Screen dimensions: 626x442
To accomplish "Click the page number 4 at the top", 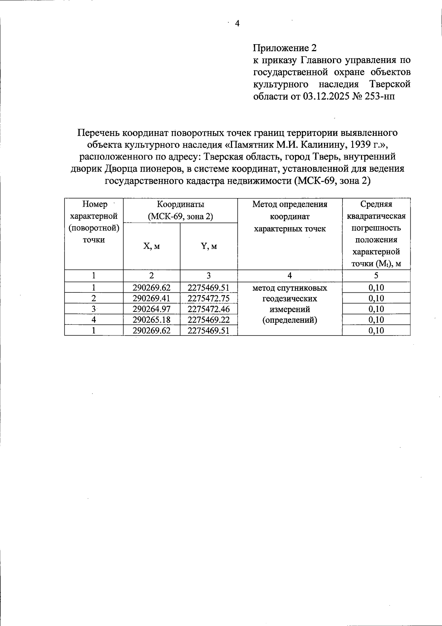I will [x=237, y=24].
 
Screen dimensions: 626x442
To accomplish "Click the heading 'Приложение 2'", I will [x=284, y=48].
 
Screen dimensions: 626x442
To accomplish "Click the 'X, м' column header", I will [x=151, y=246].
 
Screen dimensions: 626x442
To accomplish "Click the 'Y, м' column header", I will [x=208, y=246].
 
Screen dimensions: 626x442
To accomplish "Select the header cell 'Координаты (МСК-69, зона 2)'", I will [x=180, y=210].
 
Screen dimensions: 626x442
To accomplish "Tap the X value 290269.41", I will [x=151, y=298].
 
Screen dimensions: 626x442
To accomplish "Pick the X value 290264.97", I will [x=151, y=309].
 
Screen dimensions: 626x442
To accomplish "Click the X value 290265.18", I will [x=151, y=320].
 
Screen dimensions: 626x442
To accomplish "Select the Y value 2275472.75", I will [x=208, y=298].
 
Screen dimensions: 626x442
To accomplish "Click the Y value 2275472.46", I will [x=208, y=309].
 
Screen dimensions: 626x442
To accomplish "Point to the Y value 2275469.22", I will [x=208, y=320].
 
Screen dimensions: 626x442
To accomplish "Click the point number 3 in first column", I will [x=94, y=309].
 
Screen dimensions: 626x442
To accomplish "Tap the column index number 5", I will [x=376, y=275].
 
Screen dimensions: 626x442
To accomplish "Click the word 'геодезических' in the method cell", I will [x=290, y=298].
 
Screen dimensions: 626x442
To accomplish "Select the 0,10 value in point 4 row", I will [x=376, y=320].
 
